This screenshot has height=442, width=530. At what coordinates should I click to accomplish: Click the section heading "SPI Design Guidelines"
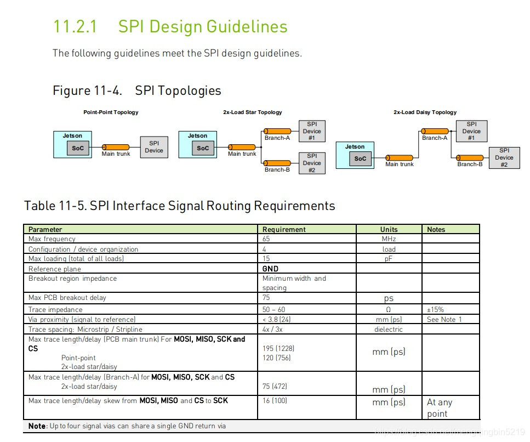click(203, 27)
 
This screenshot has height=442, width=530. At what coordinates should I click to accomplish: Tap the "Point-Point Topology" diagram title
click(111, 112)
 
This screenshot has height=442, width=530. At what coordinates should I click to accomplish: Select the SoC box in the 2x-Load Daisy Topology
click(360, 158)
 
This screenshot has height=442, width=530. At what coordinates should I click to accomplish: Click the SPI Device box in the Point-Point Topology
click(153, 147)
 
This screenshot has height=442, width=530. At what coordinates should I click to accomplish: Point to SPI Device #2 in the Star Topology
click(312, 163)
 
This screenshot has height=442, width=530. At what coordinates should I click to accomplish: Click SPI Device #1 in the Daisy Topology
click(471, 131)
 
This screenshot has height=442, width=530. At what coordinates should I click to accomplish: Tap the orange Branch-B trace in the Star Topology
click(277, 163)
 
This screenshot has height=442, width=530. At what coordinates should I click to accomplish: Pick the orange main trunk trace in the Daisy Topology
click(399, 157)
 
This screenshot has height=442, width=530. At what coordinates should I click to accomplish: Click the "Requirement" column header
click(284, 229)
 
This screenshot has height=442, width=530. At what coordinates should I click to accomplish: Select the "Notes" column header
click(436, 229)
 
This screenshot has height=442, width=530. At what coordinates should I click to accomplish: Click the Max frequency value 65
click(266, 239)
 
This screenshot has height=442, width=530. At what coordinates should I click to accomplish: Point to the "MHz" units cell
click(389, 239)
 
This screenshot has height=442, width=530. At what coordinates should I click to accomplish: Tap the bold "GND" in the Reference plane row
click(270, 269)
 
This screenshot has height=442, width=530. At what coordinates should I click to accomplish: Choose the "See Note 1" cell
click(444, 319)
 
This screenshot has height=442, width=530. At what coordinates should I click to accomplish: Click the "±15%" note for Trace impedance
click(436, 310)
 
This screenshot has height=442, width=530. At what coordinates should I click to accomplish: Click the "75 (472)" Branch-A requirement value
click(275, 386)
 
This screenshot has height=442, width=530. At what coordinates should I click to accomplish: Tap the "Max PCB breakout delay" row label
click(67, 298)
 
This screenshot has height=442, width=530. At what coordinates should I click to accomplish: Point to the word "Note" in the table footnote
click(37, 426)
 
